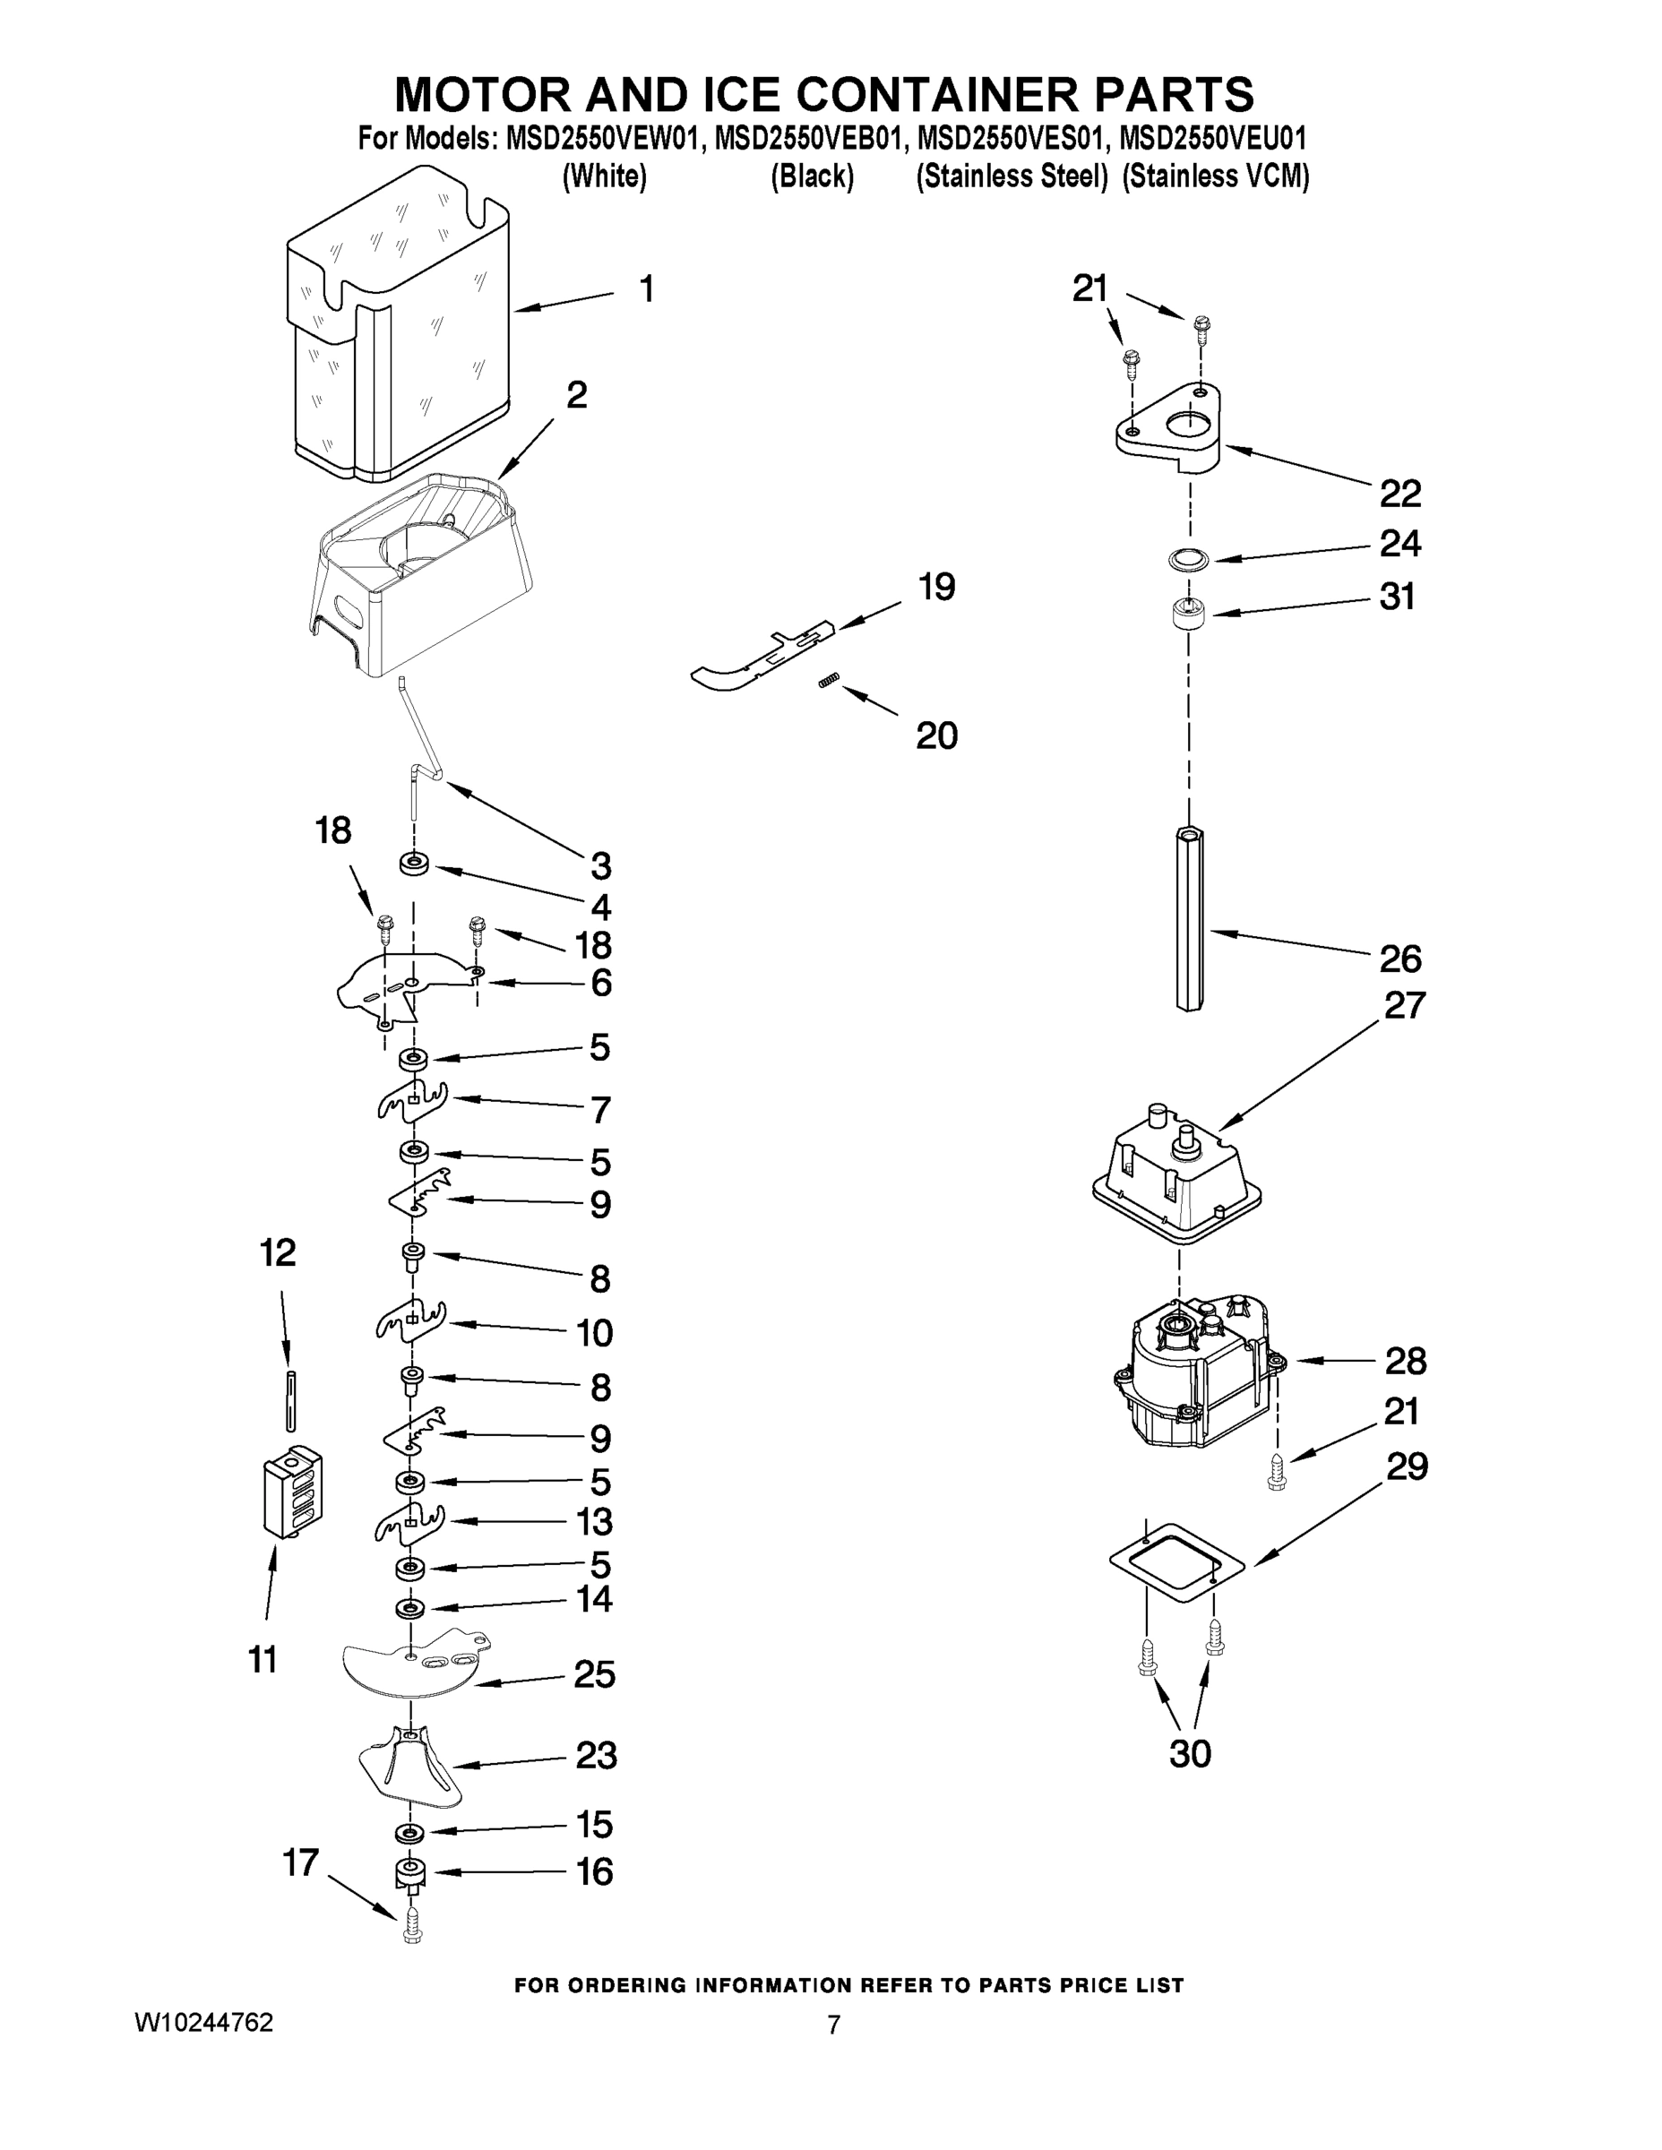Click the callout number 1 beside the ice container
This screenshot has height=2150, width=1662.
[646, 288]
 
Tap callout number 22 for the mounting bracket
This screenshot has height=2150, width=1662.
[1400, 494]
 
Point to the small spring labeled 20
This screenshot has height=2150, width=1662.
[829, 681]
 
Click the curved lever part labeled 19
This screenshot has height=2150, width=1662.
[758, 656]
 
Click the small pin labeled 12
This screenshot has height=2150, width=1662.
[290, 1400]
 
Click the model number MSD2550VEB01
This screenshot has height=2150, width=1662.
[806, 138]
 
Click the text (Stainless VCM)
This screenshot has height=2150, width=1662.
[1215, 177]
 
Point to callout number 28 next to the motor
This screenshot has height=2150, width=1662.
[1405, 1362]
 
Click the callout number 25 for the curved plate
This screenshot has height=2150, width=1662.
[595, 1673]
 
